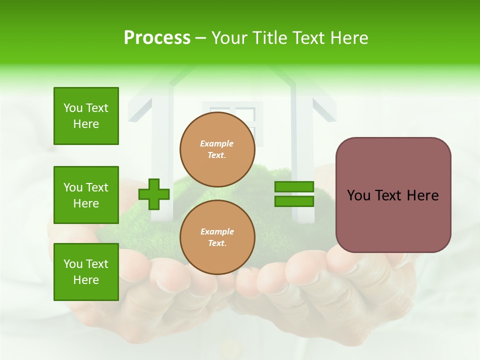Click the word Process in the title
click(157, 38)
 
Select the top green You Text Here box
click(86, 116)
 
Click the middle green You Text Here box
click(86, 195)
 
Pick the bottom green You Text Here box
click(86, 272)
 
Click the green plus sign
click(154, 194)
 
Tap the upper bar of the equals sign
click(294, 186)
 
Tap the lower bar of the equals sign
click(294, 201)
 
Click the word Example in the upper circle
click(217, 144)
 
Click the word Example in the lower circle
click(217, 232)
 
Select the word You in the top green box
click(73, 108)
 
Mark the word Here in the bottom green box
click(86, 280)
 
